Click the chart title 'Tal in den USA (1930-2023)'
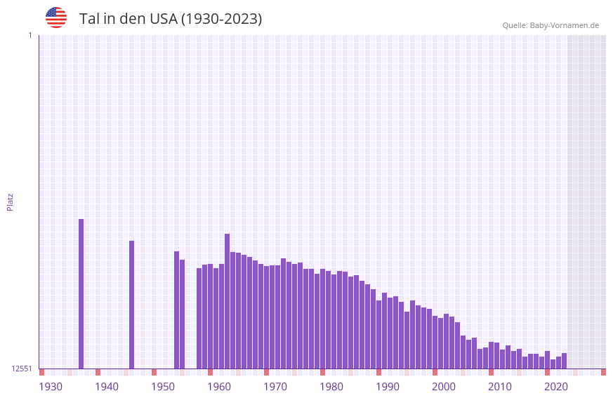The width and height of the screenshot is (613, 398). click(x=171, y=19)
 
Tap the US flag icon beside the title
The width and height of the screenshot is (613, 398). click(x=56, y=18)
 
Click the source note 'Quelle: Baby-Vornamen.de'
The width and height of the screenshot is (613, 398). click(x=551, y=25)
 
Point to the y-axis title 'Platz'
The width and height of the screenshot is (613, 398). click(x=10, y=201)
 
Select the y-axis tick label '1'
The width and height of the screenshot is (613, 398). click(x=29, y=35)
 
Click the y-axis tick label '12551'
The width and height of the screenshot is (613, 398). click(x=21, y=369)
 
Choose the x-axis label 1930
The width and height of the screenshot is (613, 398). click(x=51, y=387)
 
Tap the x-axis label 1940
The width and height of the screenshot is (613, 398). click(x=107, y=387)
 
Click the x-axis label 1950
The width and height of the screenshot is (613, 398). click(x=163, y=387)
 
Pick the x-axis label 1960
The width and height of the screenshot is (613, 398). click(x=219, y=387)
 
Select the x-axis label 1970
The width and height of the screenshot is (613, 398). click(x=275, y=387)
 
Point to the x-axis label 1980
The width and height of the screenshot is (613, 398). click(x=331, y=387)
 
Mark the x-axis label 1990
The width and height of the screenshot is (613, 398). click(x=388, y=387)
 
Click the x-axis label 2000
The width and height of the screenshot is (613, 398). click(x=444, y=387)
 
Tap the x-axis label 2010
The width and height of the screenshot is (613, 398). click(x=500, y=387)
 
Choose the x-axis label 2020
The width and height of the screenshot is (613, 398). click(x=556, y=387)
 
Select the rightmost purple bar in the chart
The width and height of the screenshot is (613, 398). click(x=564, y=361)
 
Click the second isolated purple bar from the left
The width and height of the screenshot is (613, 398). click(x=131, y=305)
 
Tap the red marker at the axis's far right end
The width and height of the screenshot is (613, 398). click(x=603, y=372)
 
